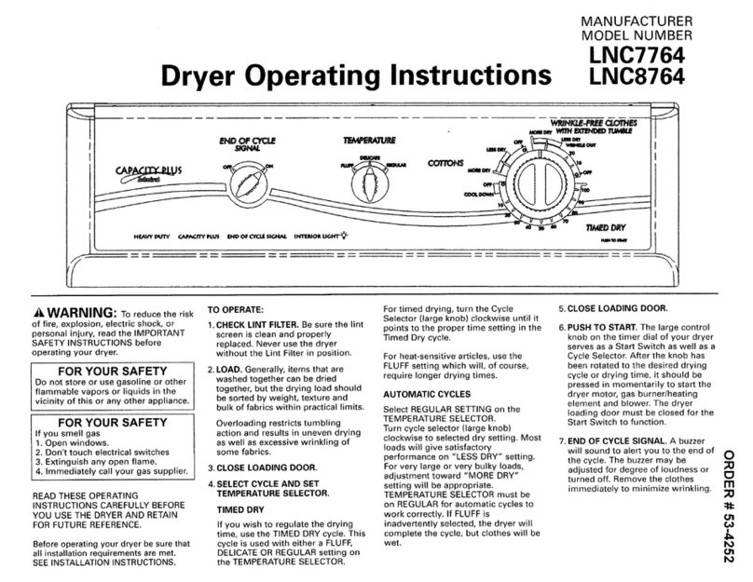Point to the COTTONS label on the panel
pos(445,163)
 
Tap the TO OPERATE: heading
pos(237,309)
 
